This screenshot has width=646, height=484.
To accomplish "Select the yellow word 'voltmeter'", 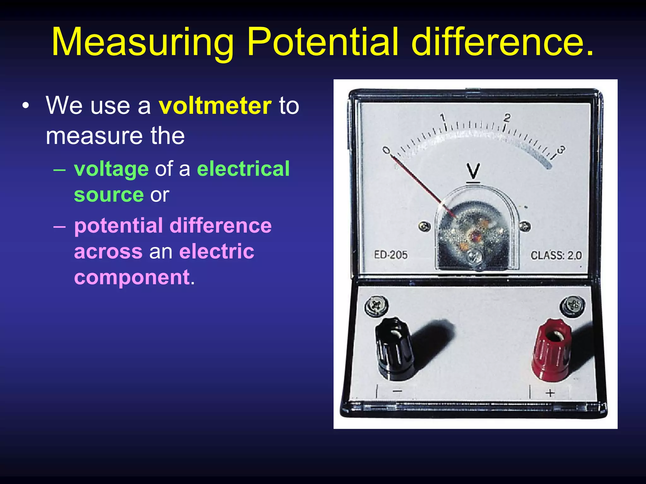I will (215, 106).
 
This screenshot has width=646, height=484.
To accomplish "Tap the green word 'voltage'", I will (111, 169).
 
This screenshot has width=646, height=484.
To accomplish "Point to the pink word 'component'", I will (132, 277).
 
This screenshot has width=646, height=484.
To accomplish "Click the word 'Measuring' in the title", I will (143, 43).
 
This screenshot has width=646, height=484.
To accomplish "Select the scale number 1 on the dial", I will (443, 118).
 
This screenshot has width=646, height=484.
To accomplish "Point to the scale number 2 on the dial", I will (507, 118).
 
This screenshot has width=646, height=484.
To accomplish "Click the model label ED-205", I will (391, 255).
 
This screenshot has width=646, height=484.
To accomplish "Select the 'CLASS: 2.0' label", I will (556, 255).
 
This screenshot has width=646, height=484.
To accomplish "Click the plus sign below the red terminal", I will (550, 393).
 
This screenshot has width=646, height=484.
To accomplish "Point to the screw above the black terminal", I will (376, 305).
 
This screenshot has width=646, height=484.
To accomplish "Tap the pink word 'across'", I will (108, 252).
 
